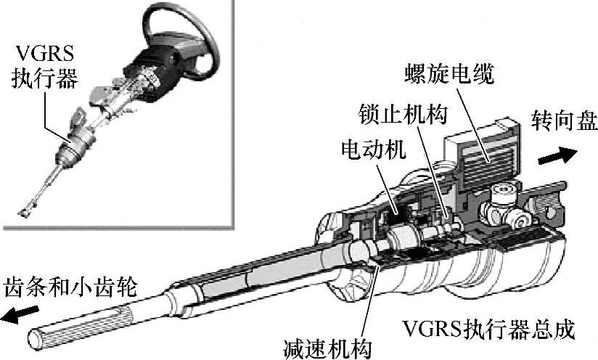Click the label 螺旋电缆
click(x=449, y=73)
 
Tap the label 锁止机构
click(x=404, y=114)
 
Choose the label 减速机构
click(x=326, y=347)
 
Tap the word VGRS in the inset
click(x=44, y=53)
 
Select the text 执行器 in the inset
click(x=44, y=78)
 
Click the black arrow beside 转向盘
click(x=562, y=154)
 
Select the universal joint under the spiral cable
click(x=509, y=207)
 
